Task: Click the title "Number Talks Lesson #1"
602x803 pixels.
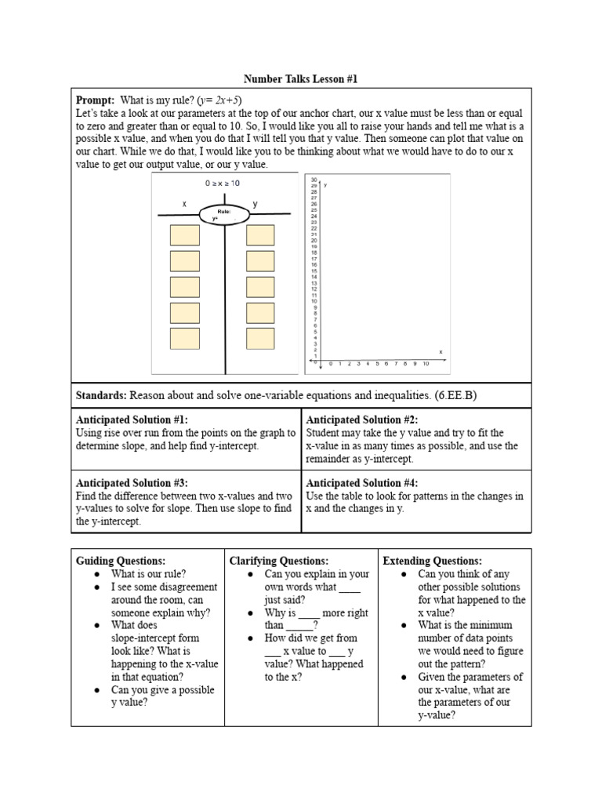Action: tap(301, 79)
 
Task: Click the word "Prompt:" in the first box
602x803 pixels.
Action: tap(95, 100)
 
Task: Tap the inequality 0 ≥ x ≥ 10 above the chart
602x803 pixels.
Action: tap(223, 183)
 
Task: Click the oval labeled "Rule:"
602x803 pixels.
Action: tap(225, 214)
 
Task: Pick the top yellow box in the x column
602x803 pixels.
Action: tap(184, 235)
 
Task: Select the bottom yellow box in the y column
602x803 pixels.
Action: tap(260, 339)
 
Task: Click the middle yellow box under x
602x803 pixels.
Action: tap(184, 287)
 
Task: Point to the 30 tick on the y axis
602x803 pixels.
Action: tap(314, 179)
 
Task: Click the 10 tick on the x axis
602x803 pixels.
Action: tap(426, 364)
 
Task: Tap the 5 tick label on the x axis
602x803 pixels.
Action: tap(378, 364)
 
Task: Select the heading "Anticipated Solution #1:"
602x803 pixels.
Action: tap(132, 420)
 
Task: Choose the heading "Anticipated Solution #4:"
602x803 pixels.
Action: tap(362, 483)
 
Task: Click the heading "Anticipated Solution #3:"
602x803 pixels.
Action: tap(132, 483)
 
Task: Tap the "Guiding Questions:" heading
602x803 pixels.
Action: tap(121, 561)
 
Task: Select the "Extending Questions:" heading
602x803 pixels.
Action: tap(432, 561)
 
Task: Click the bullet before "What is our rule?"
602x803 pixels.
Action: tap(96, 574)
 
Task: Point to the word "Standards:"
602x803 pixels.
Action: tap(101, 395)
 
